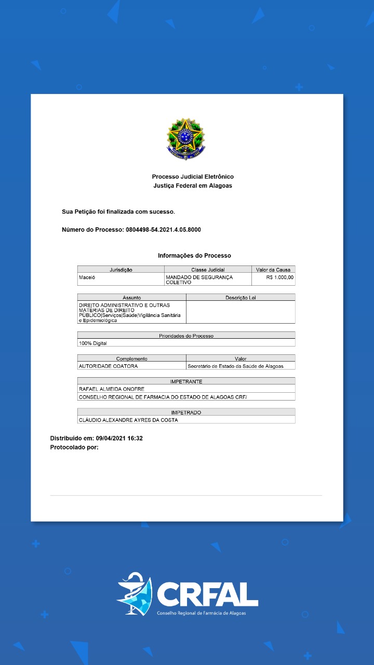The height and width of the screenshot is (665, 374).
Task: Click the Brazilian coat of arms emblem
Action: coord(185,139)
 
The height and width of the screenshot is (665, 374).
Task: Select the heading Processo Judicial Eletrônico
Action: coord(193,177)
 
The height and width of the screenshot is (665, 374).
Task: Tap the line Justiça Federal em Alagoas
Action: coord(193,185)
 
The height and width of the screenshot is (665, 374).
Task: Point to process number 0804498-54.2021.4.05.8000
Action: coord(163,230)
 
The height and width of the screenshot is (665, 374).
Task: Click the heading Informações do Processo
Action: coord(194,256)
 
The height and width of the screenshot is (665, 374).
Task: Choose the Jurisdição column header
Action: coord(121,270)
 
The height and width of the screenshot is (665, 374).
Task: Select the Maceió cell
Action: coord(87,277)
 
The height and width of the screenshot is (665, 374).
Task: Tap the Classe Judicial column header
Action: coord(208,270)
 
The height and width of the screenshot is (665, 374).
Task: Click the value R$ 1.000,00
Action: coord(279,277)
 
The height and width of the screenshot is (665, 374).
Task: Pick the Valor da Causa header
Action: coord(273,270)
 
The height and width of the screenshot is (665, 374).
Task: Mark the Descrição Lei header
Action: coord(241,298)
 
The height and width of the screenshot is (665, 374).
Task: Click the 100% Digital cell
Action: coord(92,343)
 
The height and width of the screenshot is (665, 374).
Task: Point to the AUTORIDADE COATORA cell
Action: coord(108,366)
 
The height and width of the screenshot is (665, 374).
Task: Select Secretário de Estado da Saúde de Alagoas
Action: coord(235,366)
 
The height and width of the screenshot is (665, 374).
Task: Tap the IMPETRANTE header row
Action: coord(186,381)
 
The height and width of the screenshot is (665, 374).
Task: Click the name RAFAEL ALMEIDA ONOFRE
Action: coord(111,389)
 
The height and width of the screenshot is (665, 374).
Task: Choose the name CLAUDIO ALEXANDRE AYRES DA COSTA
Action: coord(128,420)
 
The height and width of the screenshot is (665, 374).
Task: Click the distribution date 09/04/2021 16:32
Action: coord(119,438)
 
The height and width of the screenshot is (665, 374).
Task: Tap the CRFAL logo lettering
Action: coord(207,594)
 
